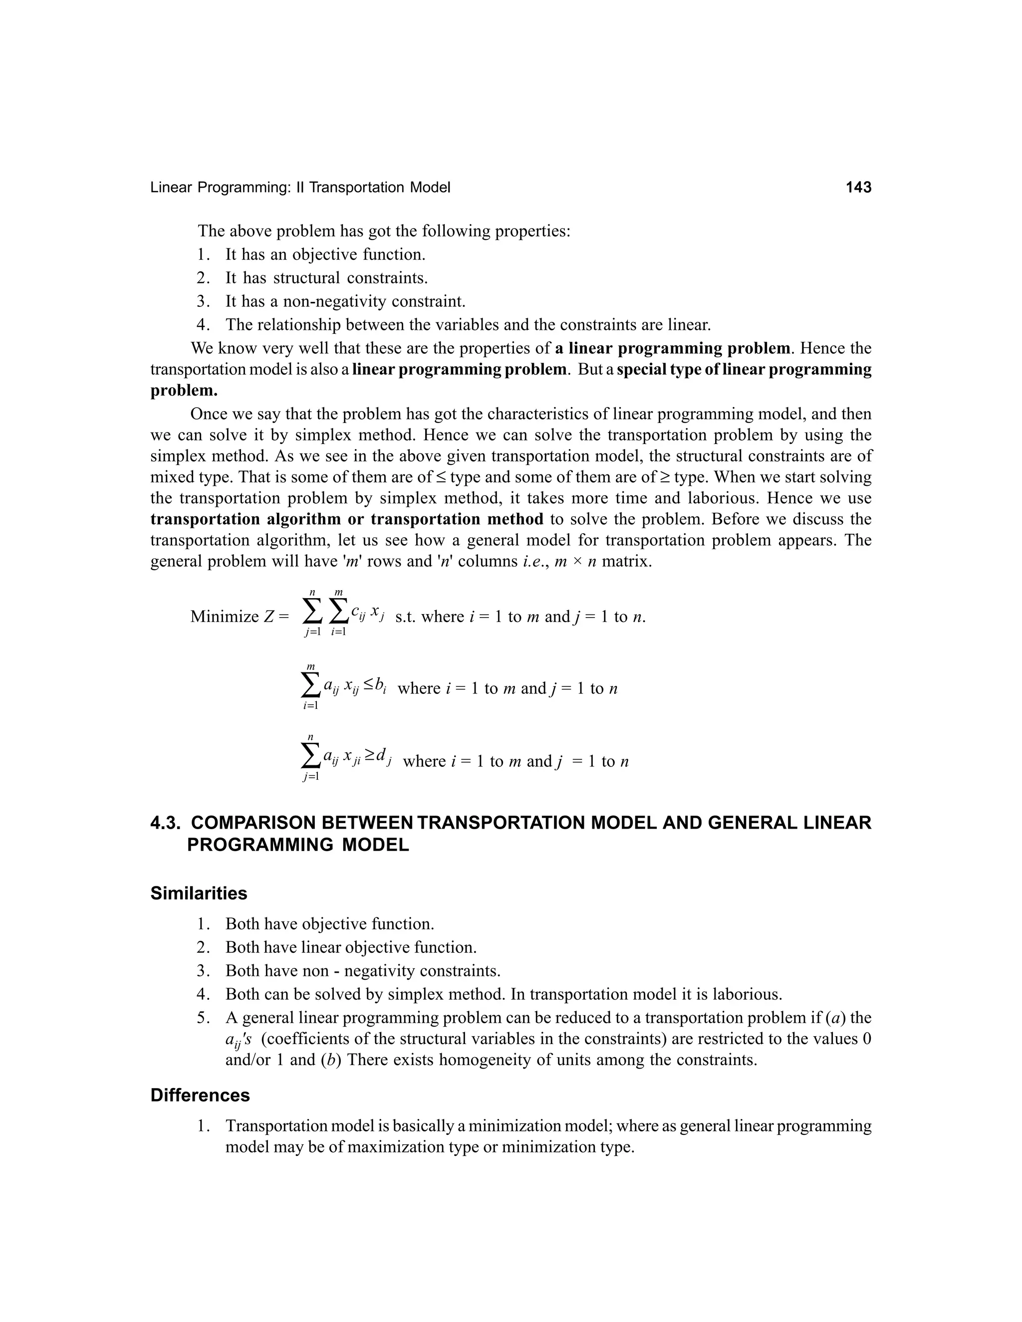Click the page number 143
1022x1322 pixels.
coord(858,188)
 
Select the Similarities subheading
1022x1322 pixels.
coord(199,893)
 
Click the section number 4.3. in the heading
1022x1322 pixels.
coord(167,823)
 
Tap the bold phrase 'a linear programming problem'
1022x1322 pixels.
coord(672,349)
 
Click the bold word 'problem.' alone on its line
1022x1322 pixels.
coord(184,391)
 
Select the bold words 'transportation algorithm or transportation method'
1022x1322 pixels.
coord(346,519)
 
